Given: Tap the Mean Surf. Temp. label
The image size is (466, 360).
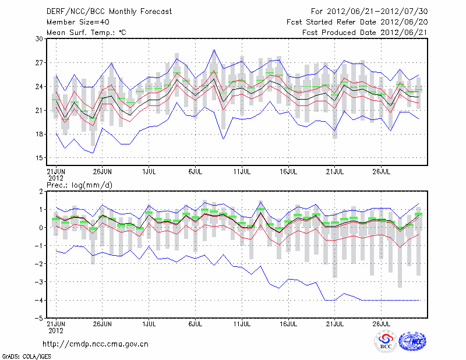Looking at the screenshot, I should (x=86, y=33).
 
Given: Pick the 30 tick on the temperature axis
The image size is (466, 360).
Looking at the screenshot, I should (x=40, y=39).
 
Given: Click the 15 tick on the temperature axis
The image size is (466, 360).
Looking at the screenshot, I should (x=40, y=158).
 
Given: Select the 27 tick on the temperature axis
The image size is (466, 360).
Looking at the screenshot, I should (x=40, y=63).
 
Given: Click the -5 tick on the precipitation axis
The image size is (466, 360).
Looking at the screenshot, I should (x=40, y=319).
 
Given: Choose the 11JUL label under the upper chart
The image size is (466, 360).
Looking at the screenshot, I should (x=242, y=172).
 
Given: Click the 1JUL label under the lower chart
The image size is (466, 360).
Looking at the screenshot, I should (x=149, y=322).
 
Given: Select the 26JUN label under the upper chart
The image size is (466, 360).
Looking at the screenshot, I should (x=103, y=172).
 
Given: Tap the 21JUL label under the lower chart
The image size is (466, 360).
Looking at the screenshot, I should (x=335, y=322).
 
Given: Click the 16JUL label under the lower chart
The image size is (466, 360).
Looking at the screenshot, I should (x=289, y=322).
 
